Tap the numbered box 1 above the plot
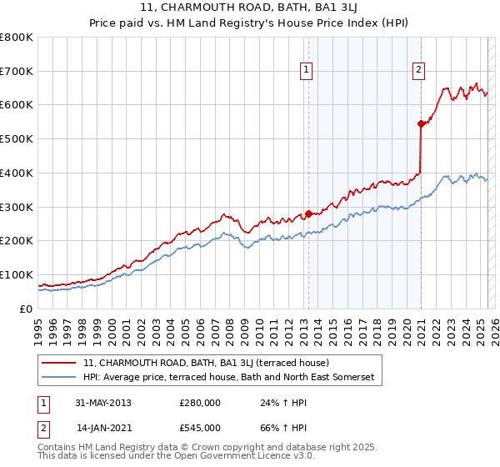307,70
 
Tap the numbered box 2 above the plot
417,70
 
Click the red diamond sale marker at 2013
308,213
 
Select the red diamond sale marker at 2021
421,123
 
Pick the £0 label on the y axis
26,309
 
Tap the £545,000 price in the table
200,428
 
